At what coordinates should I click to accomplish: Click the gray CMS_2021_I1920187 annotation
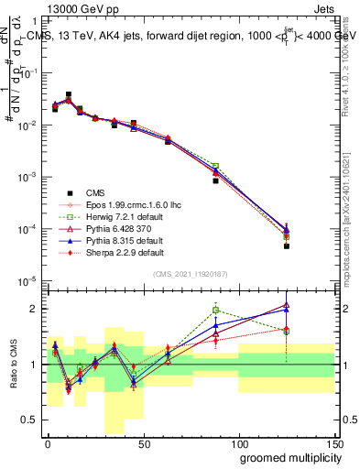click(191, 273)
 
